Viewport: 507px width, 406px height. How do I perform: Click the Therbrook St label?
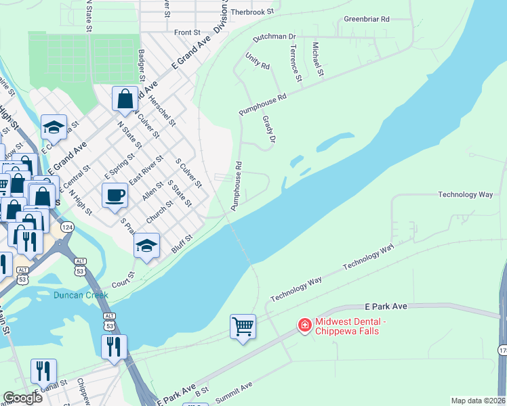pyautogui.click(x=251, y=12)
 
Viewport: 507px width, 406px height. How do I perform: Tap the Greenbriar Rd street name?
pyautogui.click(x=366, y=20)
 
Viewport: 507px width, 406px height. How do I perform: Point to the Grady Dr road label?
pyautogui.click(x=269, y=129)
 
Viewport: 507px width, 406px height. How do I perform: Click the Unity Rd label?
pyautogui.click(x=258, y=62)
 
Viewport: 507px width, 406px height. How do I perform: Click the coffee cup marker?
pyautogui.click(x=115, y=195)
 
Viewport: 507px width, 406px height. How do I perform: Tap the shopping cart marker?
pyautogui.click(x=243, y=327)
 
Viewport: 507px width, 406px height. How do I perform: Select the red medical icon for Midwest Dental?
pyautogui.click(x=305, y=326)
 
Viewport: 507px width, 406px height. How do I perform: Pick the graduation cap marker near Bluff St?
pyautogui.click(x=146, y=246)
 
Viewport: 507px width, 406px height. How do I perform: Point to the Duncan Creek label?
pyautogui.click(x=81, y=296)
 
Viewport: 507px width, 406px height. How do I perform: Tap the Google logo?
pyautogui.click(x=22, y=397)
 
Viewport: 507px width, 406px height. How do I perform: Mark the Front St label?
pyautogui.click(x=187, y=32)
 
